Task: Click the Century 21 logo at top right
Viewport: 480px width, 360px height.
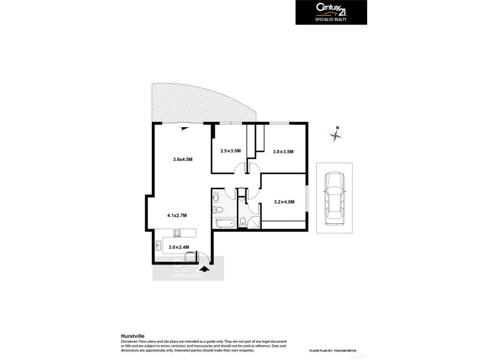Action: tap(331, 12)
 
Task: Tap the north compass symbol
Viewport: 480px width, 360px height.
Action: tap(337, 135)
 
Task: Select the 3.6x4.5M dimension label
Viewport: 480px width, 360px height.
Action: tap(182, 159)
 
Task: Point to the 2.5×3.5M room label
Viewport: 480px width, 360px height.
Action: tap(230, 151)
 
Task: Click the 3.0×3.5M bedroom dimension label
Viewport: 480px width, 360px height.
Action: tap(283, 152)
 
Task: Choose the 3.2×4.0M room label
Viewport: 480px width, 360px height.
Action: tap(284, 202)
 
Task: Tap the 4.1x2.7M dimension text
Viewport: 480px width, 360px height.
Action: tap(177, 215)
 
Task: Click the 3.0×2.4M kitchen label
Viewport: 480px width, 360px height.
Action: tap(179, 247)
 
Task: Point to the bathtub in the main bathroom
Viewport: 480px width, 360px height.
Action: tap(225, 224)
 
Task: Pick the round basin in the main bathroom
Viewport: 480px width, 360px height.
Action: tap(215, 196)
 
